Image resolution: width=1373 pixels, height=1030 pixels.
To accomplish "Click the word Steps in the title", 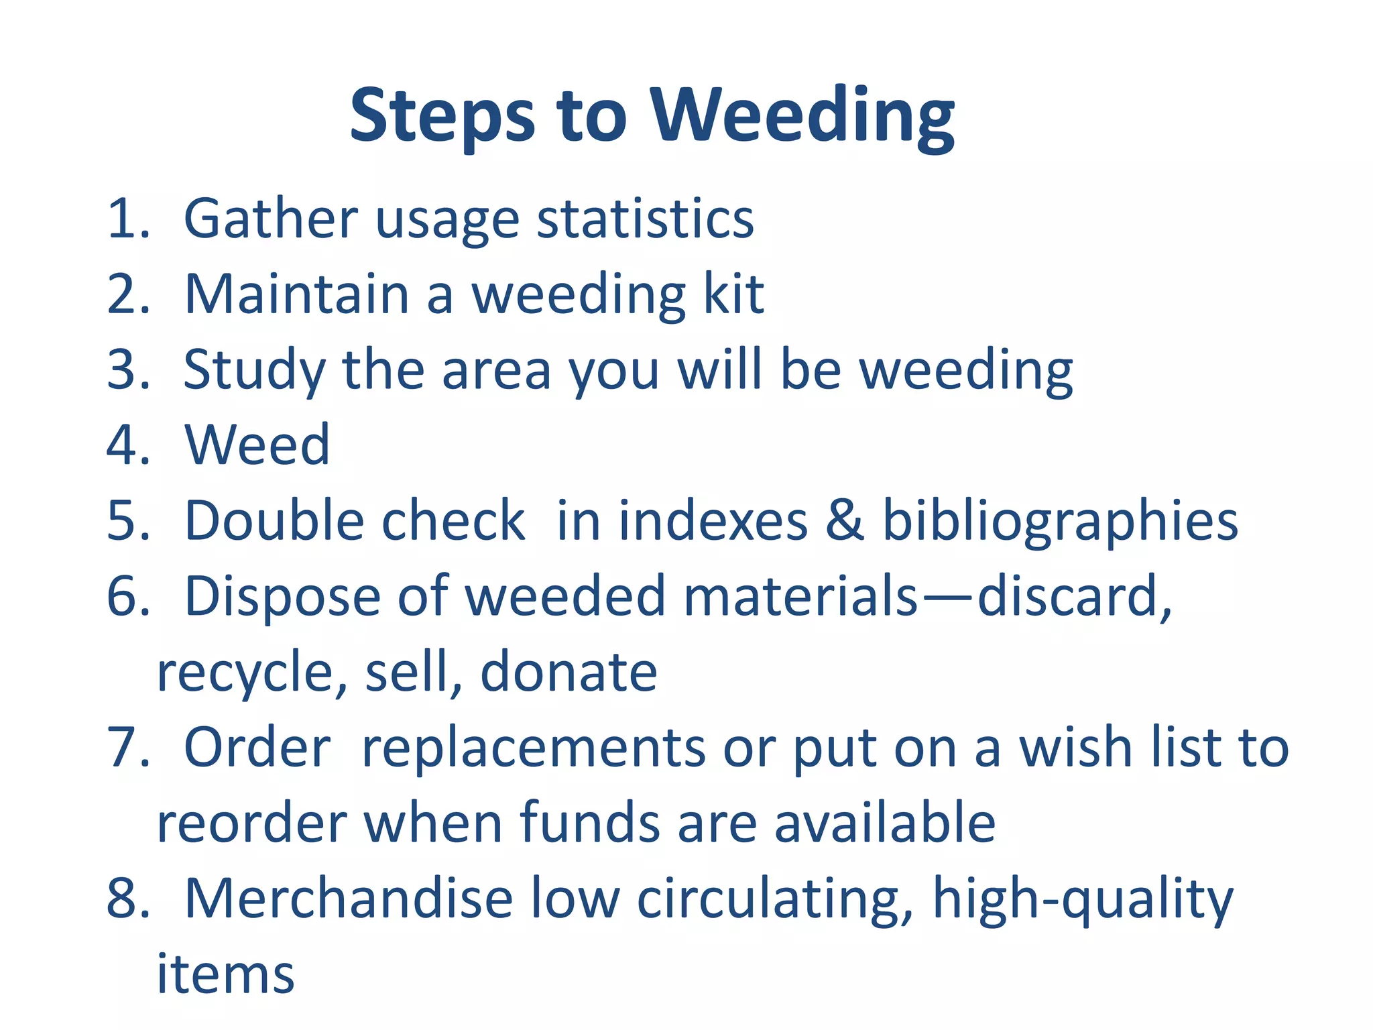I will coord(442,117).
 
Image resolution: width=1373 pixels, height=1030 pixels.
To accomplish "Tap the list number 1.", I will coord(127,219).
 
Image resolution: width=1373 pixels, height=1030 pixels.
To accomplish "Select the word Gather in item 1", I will coord(271,219).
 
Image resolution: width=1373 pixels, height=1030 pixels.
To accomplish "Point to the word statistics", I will coord(645,219).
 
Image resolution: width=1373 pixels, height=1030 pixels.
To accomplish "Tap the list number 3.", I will coord(127,369).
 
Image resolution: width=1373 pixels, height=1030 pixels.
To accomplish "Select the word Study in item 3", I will coord(254,371).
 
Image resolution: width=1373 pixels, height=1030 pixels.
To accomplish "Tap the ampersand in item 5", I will coord(844,520).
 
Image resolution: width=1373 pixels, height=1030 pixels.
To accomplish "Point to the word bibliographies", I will coord(1059,522).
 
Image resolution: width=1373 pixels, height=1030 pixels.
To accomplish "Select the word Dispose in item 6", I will coord(282,597).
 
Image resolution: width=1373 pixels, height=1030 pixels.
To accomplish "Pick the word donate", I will coord(569,672).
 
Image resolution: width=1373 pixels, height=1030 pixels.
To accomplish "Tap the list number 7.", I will coord(127,747).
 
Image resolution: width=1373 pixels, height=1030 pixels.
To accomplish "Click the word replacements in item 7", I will coord(533,748).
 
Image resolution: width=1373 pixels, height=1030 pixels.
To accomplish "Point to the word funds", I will coord(589,823).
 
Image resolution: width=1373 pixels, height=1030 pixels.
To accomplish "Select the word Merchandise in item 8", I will coord(349,898).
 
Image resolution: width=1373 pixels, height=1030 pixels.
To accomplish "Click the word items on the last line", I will coord(225,974).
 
